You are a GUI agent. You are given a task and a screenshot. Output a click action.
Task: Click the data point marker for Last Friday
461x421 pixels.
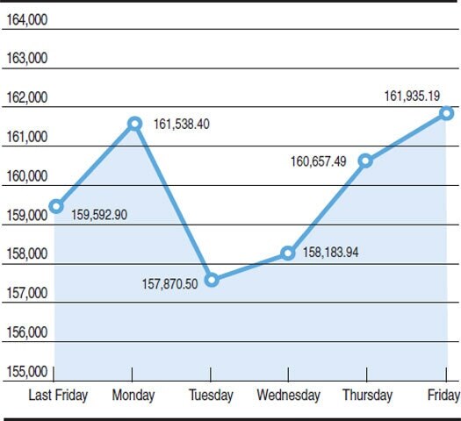(x=56, y=206)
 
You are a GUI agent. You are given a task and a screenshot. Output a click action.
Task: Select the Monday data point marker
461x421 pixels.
(x=134, y=124)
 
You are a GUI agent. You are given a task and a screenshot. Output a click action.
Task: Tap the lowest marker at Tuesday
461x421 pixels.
(x=212, y=280)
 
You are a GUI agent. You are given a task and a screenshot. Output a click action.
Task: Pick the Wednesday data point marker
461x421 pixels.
(x=288, y=253)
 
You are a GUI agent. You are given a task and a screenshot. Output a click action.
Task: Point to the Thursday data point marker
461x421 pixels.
(x=366, y=161)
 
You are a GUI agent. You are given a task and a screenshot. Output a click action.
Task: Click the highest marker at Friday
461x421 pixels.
(x=446, y=113)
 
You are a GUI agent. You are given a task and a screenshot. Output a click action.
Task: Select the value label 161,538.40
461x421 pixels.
(x=181, y=125)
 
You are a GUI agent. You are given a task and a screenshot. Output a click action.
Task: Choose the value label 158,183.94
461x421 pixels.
(x=333, y=253)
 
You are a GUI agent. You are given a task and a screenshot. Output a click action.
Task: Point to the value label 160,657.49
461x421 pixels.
(x=318, y=161)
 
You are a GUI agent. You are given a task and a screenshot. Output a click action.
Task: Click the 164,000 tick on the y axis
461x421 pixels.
(x=26, y=19)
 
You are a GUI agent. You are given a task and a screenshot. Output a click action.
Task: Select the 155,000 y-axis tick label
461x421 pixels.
(x=26, y=372)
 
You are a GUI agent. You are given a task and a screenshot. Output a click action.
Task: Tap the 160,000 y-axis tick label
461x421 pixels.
(x=26, y=175)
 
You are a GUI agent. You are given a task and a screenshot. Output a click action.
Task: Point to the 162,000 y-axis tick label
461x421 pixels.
(x=26, y=97)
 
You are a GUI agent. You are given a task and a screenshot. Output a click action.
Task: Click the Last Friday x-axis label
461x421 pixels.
(x=58, y=396)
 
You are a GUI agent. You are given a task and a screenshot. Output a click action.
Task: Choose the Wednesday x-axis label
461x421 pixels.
(x=288, y=396)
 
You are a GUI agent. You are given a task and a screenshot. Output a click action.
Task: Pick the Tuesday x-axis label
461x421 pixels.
(x=212, y=396)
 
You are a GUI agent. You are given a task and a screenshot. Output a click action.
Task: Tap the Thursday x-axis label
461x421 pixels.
(x=366, y=396)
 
